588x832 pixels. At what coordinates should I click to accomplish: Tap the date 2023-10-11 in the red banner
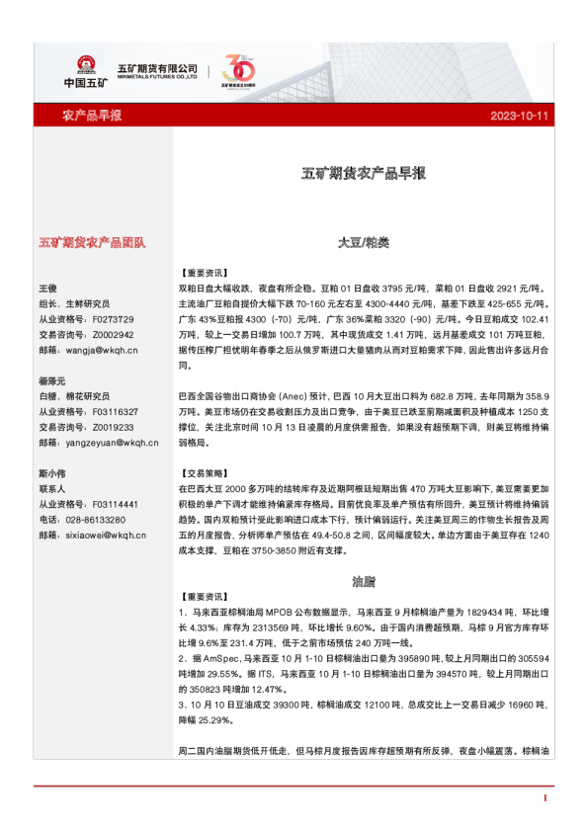pos(519,116)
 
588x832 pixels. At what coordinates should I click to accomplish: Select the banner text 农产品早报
pos(92,116)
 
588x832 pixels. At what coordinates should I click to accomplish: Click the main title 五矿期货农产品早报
pos(363,173)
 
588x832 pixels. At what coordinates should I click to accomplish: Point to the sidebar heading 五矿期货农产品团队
pos(92,242)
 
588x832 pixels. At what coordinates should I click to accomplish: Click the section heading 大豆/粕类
pos(363,242)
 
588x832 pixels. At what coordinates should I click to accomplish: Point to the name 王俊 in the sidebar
pos(48,289)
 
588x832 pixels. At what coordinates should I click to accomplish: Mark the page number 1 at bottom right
pos(545,797)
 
